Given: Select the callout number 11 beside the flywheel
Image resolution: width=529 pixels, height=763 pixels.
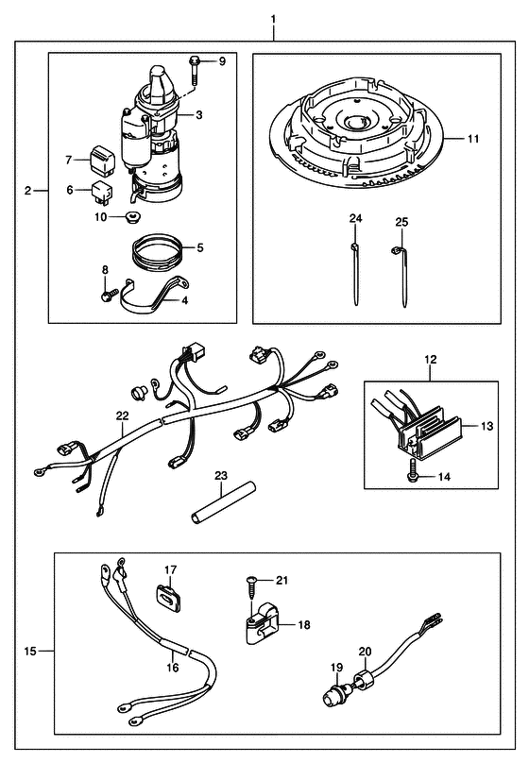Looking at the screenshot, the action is pos(473,139).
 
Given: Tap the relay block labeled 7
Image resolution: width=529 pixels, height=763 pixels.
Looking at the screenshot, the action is pos(102,161).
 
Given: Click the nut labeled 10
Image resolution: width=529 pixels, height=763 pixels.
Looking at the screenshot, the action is pos(130,217).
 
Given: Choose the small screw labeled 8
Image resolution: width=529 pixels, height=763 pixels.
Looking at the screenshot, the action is pos(110,295).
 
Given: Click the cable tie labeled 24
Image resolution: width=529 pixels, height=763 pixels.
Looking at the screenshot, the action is pos(355,276).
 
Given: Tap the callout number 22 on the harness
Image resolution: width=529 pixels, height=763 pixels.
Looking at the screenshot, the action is pos(123,415).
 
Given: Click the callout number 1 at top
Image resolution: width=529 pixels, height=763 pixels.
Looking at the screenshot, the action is pos(274,19).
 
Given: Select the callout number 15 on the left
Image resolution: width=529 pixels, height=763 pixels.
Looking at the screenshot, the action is pos(30,651).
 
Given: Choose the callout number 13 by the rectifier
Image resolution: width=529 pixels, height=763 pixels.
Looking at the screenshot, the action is pos(487,426).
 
